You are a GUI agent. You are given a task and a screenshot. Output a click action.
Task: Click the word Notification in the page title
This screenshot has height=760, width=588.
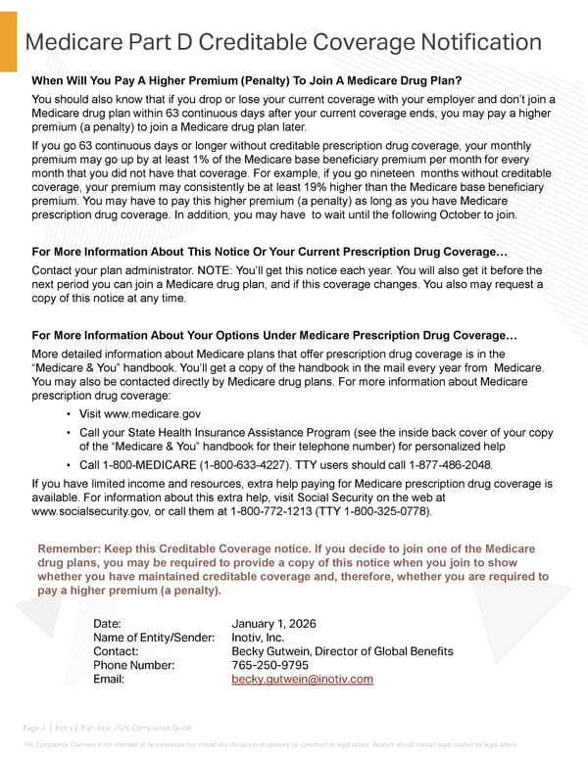pyautogui.click(x=473, y=42)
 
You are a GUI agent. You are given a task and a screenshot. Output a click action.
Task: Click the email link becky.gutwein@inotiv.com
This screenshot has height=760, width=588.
pyautogui.click(x=302, y=679)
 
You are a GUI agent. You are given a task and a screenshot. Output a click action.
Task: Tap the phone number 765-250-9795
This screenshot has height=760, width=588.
pyautogui.click(x=269, y=665)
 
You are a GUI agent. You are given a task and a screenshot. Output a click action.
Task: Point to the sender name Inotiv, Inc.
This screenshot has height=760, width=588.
pyautogui.click(x=258, y=638)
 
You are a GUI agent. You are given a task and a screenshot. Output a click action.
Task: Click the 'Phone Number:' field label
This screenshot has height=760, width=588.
pyautogui.click(x=133, y=665)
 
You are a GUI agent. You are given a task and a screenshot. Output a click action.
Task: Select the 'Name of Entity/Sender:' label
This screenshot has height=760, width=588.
pyautogui.click(x=154, y=638)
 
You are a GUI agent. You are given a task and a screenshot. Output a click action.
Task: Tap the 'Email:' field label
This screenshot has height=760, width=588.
pyautogui.click(x=109, y=679)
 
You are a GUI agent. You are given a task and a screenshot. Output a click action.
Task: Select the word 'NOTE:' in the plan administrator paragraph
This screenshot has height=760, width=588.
pyautogui.click(x=196, y=269)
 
